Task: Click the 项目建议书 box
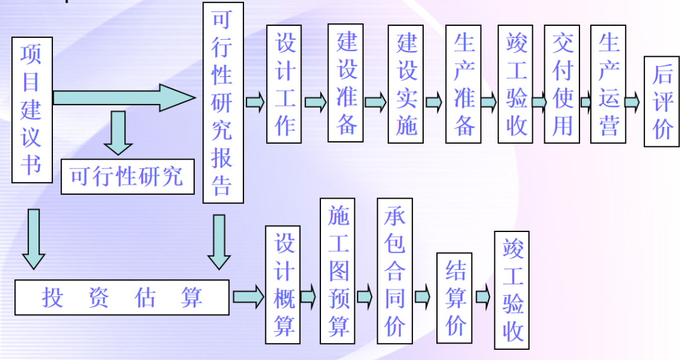point(32,110)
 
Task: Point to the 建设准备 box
point(346,83)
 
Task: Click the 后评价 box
point(661,102)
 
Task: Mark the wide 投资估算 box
point(122,297)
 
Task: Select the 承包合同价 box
point(395,271)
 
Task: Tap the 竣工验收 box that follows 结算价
point(512,290)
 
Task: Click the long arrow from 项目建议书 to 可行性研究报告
point(124,98)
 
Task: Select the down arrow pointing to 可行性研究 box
point(118,132)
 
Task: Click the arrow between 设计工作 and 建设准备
point(315,102)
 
